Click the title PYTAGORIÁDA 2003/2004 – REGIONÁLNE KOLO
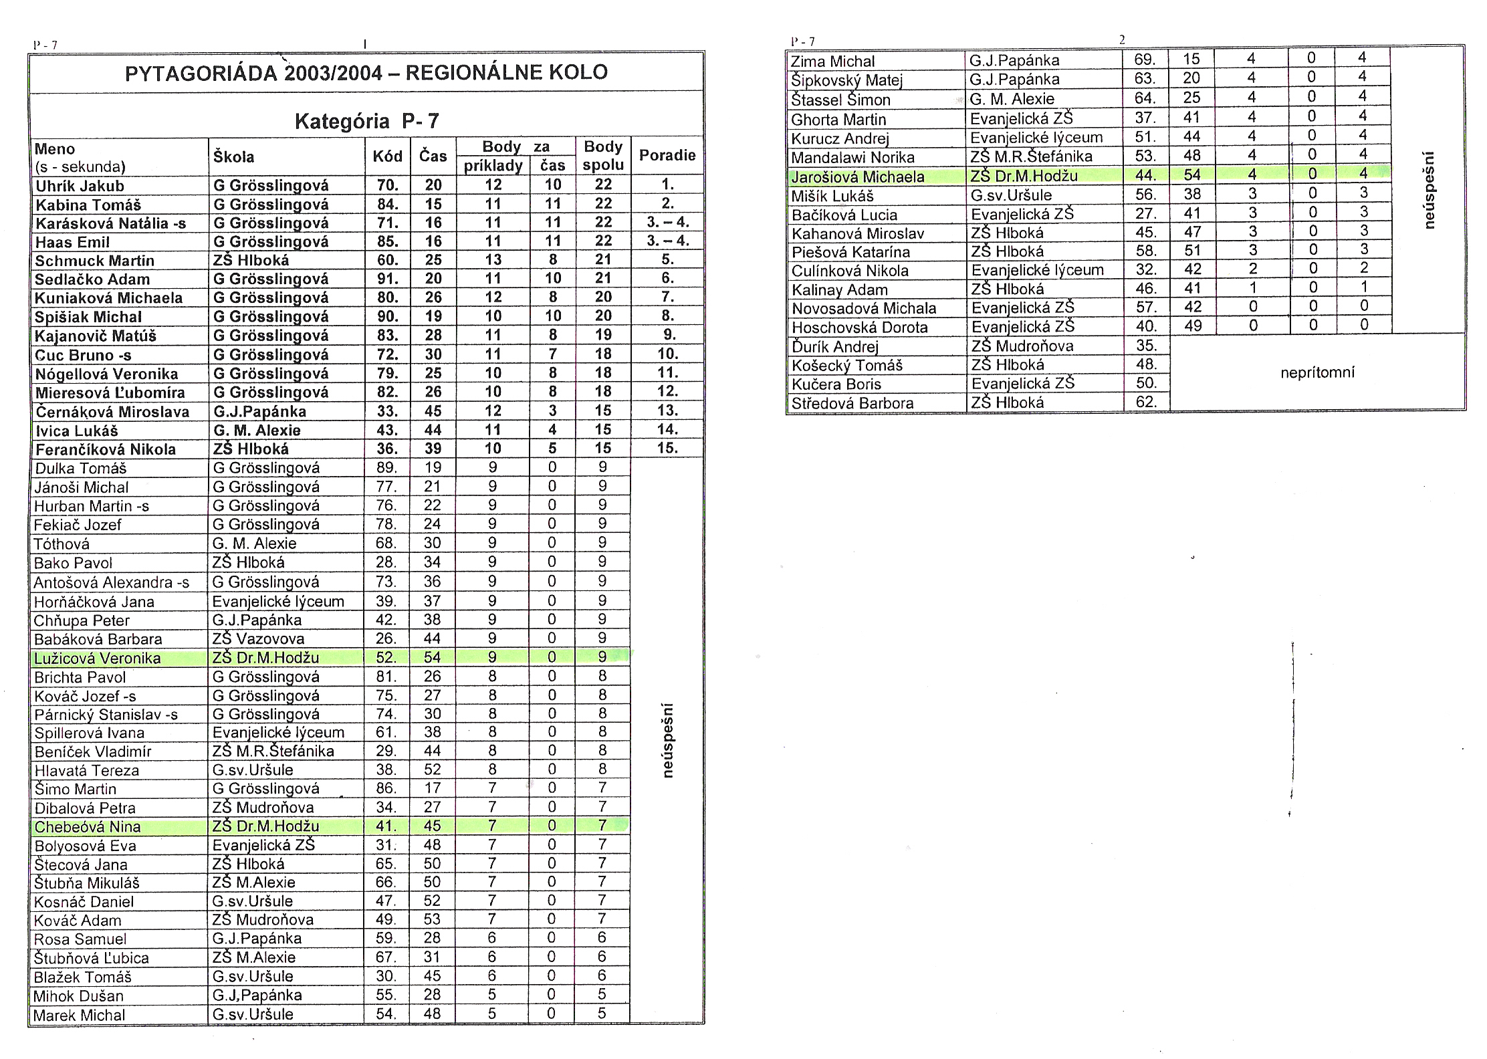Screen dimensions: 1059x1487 pos(366,72)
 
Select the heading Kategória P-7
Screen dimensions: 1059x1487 pos(366,121)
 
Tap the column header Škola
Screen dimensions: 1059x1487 pos(233,157)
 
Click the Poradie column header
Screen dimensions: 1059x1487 pos(667,156)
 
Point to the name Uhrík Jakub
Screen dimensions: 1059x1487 pos(80,186)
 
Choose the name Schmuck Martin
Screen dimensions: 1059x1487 pos(94,261)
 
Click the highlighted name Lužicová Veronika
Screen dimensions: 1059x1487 pos(98,658)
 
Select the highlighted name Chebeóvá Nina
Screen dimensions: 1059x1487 pos(88,827)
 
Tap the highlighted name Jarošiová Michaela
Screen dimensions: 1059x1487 pos(857,177)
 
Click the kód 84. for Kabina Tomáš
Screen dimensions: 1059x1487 pos(388,204)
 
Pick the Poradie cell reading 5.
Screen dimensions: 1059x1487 pos(667,260)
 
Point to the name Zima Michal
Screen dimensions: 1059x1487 pos(832,62)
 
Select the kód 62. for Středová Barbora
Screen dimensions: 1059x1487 pos(1145,402)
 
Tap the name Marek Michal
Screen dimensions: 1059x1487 pos(79,1015)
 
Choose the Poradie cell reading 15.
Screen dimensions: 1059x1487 pos(667,448)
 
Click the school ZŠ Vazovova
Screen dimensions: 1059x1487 pos(258,638)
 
